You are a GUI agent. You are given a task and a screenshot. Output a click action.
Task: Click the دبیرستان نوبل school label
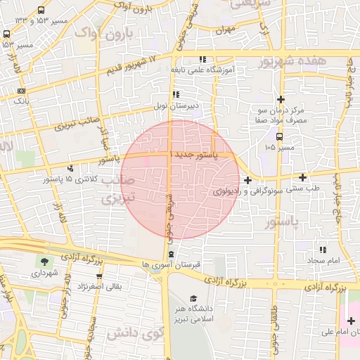(174, 106)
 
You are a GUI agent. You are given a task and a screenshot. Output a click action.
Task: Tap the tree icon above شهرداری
(46, 262)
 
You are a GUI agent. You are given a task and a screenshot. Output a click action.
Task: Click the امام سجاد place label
(323, 261)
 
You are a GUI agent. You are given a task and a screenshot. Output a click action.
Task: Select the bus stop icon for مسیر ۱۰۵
(280, 137)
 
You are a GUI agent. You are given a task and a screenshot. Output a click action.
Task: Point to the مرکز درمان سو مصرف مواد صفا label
(281, 116)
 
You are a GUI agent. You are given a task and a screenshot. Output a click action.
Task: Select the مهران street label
(225, 31)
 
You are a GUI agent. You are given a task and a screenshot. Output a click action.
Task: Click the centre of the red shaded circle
(180, 179)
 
